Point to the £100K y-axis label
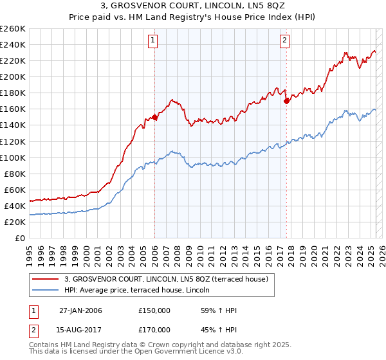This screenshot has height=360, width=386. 12,157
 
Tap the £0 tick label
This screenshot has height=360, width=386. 19,238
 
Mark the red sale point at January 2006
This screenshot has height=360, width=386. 155,118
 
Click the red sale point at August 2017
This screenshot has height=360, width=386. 286,101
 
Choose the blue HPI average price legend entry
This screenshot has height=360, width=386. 142,291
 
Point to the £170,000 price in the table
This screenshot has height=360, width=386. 154,330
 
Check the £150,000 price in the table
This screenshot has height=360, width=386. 154,310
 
